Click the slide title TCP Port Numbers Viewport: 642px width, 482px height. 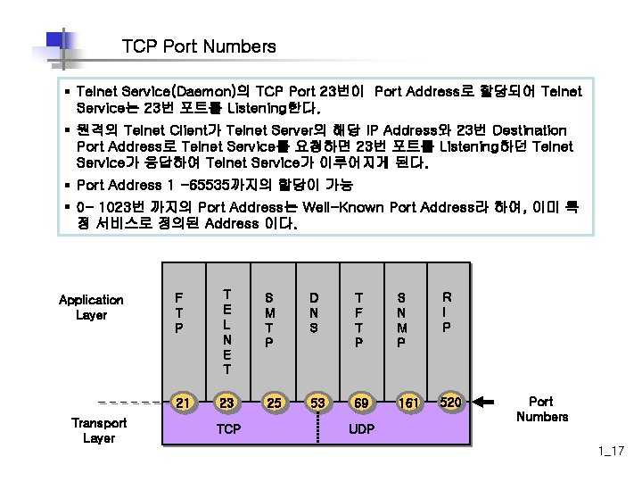pyautogui.click(x=199, y=46)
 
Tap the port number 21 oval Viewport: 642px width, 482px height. pyautogui.click(x=183, y=403)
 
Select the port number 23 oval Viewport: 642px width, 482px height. pyautogui.click(x=227, y=403)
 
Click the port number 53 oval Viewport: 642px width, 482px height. pyautogui.click(x=315, y=403)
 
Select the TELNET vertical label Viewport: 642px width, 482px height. pyautogui.click(x=227, y=331)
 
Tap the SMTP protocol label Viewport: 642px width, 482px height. pyautogui.click(x=270, y=319)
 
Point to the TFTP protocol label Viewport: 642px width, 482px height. pyautogui.click(x=358, y=319)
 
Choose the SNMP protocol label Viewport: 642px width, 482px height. pyautogui.click(x=402, y=319)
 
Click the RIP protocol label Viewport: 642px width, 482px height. pyautogui.click(x=448, y=312)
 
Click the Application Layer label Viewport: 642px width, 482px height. pyautogui.click(x=91, y=307)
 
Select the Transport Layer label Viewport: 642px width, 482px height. pyautogui.click(x=98, y=430)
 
